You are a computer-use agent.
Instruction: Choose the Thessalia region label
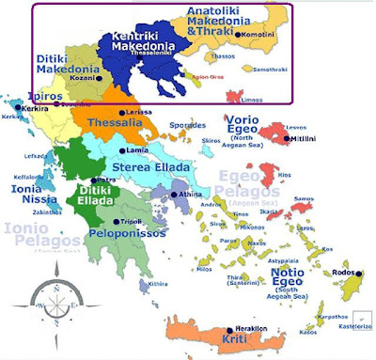(115, 123)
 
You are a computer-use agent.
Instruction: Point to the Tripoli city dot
(117, 220)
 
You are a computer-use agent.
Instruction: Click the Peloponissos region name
(122, 232)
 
